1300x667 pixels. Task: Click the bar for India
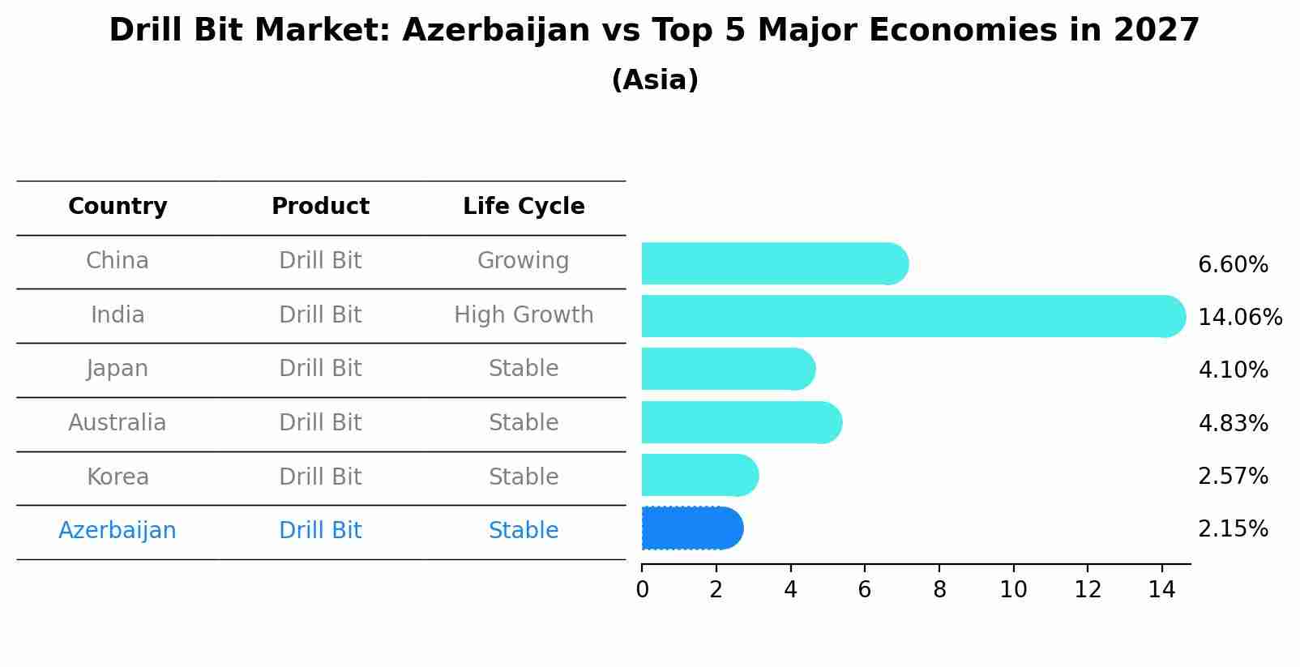pos(912,316)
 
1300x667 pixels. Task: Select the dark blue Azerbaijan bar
pos(691,528)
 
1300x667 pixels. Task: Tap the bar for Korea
pos(699,476)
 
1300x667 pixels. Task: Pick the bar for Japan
pos(727,370)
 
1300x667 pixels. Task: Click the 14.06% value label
pos(1239,318)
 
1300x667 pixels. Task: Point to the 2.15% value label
pos(1233,529)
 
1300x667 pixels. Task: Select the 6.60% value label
pos(1233,265)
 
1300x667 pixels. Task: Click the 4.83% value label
pos(1233,423)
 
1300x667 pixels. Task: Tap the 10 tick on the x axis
pos(1013,590)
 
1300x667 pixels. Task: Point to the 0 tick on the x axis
pos(643,590)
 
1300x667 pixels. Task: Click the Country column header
pos(118,207)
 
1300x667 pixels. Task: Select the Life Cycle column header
pos(524,207)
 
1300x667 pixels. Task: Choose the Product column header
pos(320,207)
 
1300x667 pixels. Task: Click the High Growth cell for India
pos(524,314)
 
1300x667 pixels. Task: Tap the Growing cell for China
pos(523,261)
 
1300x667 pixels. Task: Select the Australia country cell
pos(118,423)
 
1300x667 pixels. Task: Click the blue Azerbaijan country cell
pos(118,531)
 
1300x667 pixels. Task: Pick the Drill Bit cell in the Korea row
pos(320,477)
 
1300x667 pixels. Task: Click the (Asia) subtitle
pos(655,80)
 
